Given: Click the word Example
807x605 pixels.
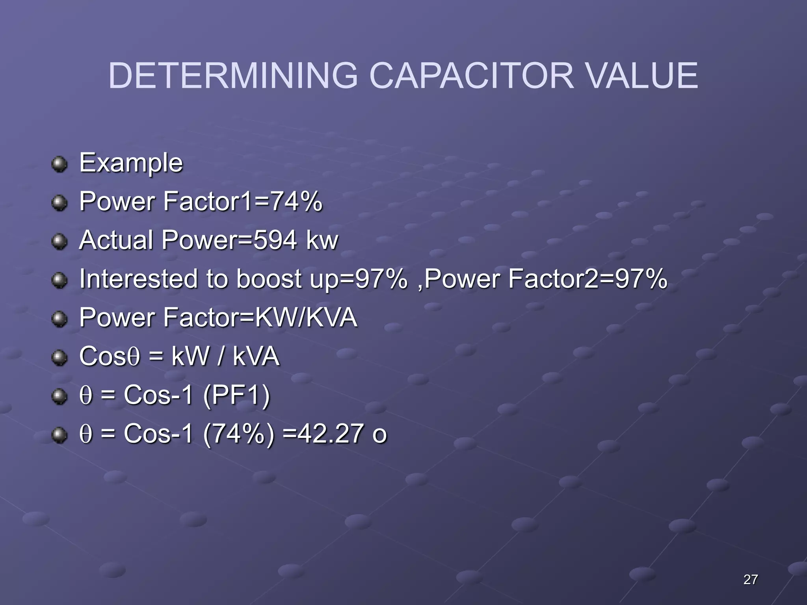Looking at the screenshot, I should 131,163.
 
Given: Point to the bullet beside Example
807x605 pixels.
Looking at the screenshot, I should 60,164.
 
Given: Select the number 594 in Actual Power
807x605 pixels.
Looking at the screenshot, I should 275,240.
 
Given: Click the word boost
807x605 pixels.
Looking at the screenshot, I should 269,278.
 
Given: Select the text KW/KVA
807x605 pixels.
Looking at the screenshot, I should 306,317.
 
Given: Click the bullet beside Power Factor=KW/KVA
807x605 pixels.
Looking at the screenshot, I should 60,318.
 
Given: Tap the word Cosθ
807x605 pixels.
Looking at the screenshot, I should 110,356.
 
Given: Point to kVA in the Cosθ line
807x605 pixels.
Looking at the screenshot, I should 256,356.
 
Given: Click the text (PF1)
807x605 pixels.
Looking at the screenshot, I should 236,395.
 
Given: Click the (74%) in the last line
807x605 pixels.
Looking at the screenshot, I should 239,434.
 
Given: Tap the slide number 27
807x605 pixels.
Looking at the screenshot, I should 750,579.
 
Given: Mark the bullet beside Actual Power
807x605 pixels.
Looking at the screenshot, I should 60,241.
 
